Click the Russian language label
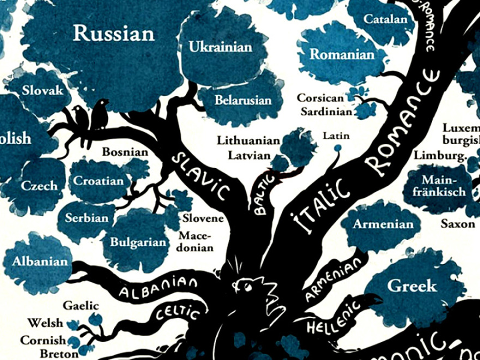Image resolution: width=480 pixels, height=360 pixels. click(x=114, y=33)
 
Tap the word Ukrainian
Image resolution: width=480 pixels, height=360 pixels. click(x=220, y=47)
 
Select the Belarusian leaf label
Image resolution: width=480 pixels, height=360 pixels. click(x=243, y=100)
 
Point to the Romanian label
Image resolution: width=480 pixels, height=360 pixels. click(x=342, y=55)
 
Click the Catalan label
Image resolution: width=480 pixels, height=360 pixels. click(x=386, y=20)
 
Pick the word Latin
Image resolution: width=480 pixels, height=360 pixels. click(x=336, y=135)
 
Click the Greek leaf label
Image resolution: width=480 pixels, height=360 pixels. click(x=412, y=285)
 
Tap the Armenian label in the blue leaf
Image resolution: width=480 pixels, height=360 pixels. click(x=383, y=224)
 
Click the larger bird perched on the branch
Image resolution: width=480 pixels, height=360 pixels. click(x=99, y=113)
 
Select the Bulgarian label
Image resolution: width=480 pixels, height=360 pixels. click(x=138, y=242)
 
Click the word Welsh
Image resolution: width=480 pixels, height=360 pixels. click(x=45, y=323)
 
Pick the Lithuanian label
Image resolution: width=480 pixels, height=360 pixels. click(x=248, y=140)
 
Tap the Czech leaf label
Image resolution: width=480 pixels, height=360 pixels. click(x=39, y=185)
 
